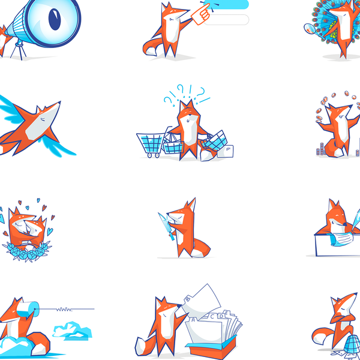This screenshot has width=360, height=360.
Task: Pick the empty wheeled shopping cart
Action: click(x=149, y=144)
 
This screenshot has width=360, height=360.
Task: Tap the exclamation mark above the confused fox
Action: click(x=190, y=92)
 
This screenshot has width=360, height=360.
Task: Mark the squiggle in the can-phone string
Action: click(x=62, y=310)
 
